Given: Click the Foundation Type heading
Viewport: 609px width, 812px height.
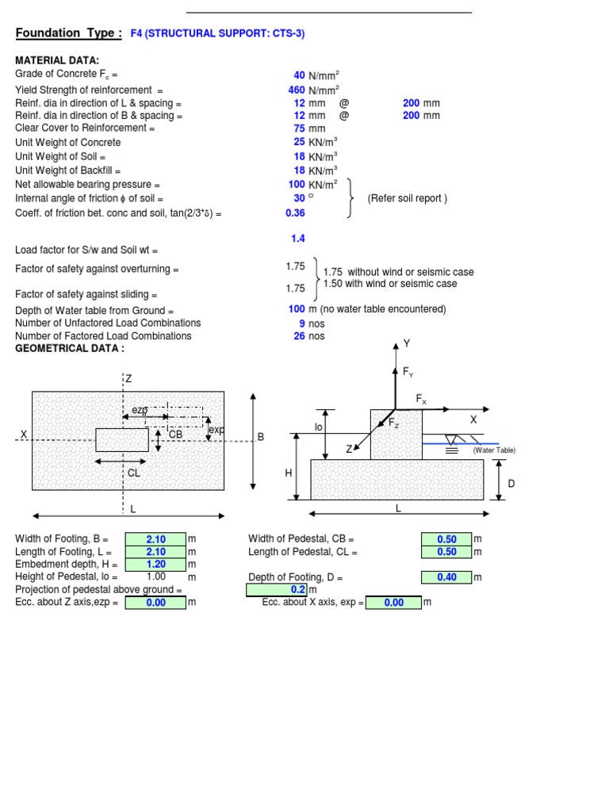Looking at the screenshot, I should point(69,33).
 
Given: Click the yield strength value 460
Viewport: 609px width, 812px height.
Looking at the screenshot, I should point(297,90).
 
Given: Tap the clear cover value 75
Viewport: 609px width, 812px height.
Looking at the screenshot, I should point(299,128).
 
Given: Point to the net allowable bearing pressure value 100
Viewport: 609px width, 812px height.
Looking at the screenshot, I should point(297,184).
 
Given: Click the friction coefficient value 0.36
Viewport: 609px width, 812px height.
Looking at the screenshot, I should point(295,213).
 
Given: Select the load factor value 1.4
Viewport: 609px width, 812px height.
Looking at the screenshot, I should point(298,239).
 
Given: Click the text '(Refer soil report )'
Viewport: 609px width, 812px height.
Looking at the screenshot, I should point(407,198).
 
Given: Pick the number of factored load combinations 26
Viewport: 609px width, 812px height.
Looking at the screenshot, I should point(299,336).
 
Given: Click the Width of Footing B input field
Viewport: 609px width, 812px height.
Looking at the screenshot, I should point(155,539).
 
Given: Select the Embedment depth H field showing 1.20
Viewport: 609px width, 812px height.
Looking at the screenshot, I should point(155,565).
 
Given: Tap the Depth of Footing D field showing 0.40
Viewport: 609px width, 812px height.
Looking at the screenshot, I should point(446,577).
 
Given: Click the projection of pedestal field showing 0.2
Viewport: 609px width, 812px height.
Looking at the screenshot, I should point(276,590).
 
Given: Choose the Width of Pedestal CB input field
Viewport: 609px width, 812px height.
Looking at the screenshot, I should point(446,539).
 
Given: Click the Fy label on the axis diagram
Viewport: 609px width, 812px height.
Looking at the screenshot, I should point(408,372).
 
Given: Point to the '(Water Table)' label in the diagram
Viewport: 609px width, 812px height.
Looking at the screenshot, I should point(494,450).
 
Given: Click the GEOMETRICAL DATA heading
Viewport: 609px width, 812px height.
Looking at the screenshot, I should point(70,349).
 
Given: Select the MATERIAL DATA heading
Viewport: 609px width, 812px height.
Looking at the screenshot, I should point(57,61).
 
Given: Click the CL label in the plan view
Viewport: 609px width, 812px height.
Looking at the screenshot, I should point(133,473).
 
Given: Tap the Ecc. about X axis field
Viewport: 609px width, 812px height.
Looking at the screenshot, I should point(394,603).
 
